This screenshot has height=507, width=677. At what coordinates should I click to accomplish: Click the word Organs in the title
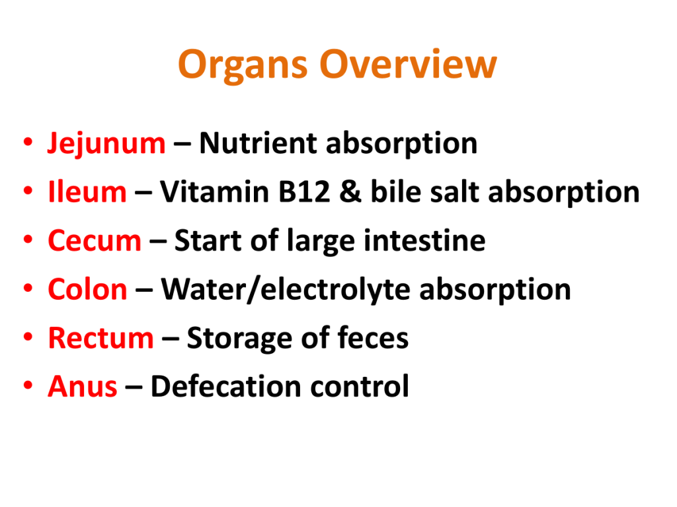point(243,65)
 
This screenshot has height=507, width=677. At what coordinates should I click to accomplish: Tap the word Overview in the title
point(409,64)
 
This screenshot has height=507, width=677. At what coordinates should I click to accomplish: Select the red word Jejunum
point(106,143)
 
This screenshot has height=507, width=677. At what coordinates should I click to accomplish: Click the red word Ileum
point(87,191)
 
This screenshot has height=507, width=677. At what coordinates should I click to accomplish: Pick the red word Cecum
point(95,240)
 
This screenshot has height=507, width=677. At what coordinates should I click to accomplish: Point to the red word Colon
point(88,289)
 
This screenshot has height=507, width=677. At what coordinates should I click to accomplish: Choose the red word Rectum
point(100,337)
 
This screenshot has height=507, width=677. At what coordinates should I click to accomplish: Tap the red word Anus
point(83,386)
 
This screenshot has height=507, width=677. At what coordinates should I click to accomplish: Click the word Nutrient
point(259,143)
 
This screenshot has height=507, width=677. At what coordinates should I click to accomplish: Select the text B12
point(304,191)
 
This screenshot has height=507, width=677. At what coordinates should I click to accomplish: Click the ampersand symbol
point(350,191)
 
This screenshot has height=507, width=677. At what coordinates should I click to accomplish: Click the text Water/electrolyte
point(286,289)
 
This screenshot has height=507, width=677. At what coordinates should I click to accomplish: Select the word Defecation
point(226,386)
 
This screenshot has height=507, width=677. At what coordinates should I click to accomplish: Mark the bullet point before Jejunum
point(28,142)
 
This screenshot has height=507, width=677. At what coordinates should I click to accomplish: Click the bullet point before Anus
point(28,385)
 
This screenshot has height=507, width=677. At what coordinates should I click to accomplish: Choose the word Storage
point(239,339)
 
